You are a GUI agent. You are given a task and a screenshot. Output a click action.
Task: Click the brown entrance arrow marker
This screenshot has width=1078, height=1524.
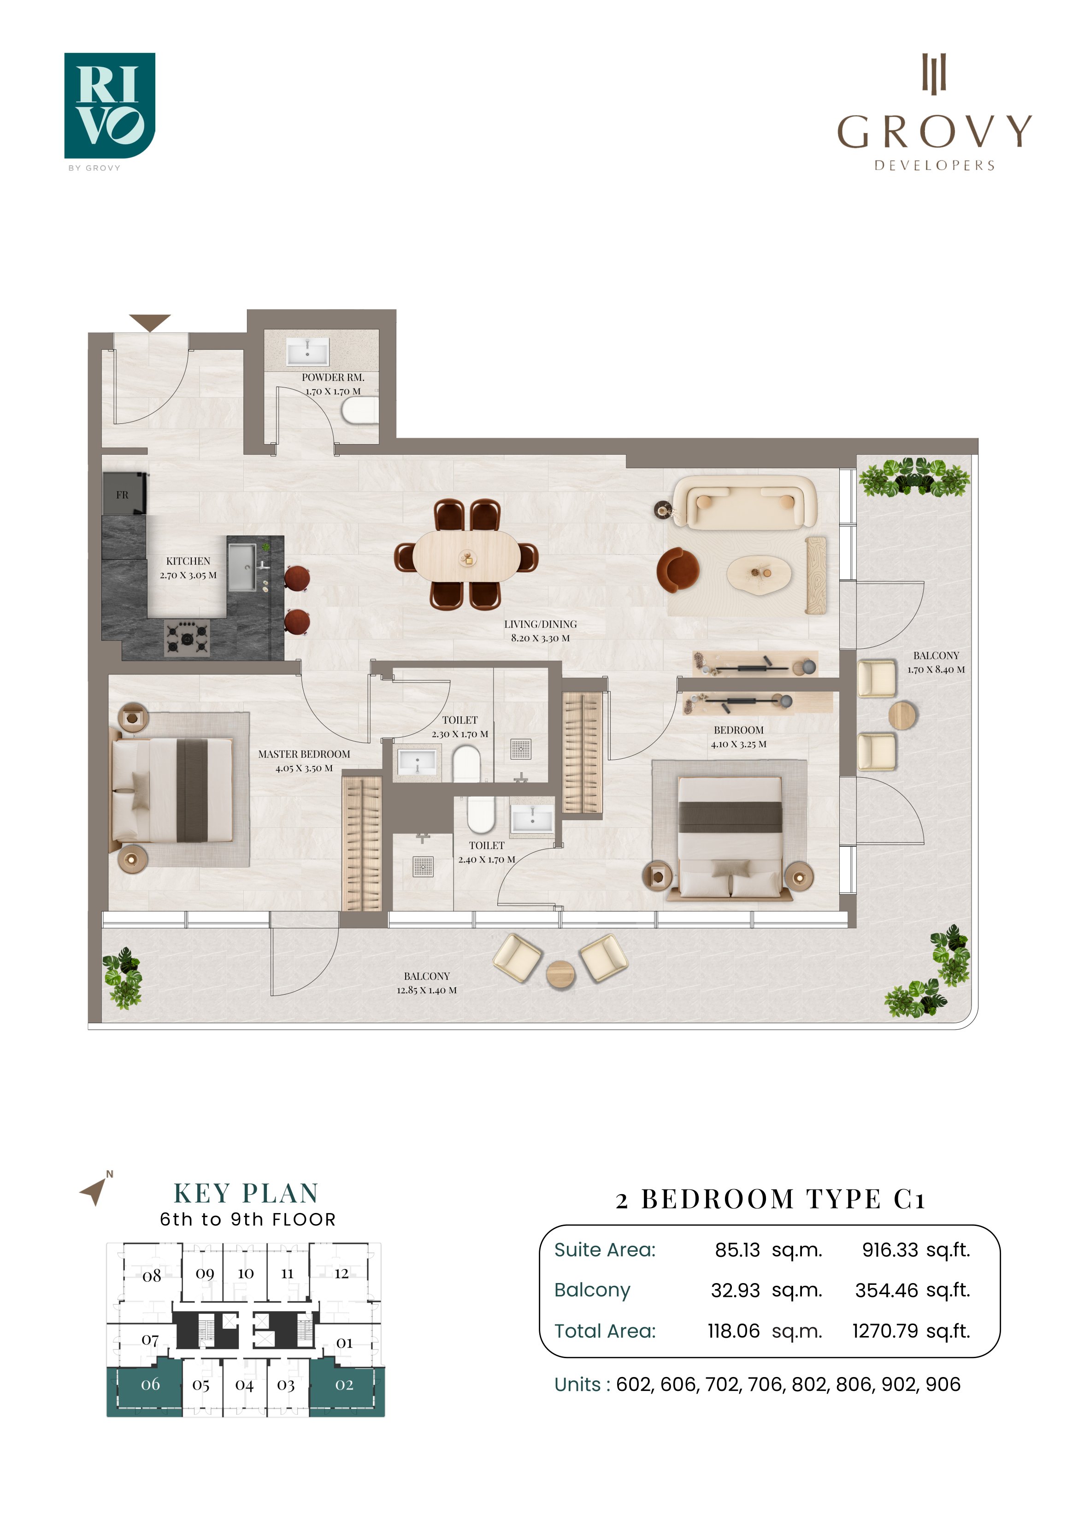pos(150,322)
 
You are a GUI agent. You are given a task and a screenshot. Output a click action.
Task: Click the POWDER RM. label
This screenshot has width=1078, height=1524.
pos(333,377)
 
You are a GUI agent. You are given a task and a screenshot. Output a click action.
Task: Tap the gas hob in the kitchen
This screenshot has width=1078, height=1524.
pos(187,638)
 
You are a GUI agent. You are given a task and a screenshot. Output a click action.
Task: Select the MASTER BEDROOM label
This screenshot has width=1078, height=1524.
pos(304,754)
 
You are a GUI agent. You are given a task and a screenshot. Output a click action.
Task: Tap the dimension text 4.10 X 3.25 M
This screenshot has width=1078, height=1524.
pos(739,744)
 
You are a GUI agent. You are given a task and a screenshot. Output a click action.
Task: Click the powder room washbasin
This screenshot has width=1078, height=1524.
pos(307,352)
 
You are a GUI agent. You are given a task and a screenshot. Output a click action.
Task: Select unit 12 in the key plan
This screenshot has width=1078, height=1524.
pos(342,1273)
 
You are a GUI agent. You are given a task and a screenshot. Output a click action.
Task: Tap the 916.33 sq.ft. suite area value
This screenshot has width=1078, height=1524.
pos(916,1250)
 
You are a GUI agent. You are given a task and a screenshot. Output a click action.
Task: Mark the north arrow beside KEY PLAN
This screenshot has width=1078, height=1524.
pos(94,1191)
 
